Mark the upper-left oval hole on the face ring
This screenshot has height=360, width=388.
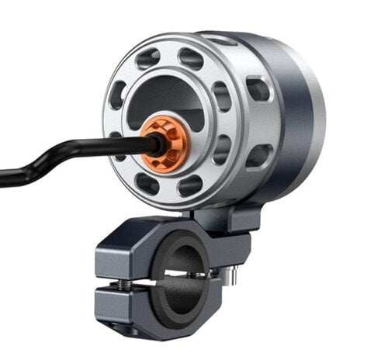118,95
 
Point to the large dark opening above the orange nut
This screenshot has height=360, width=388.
167,93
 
